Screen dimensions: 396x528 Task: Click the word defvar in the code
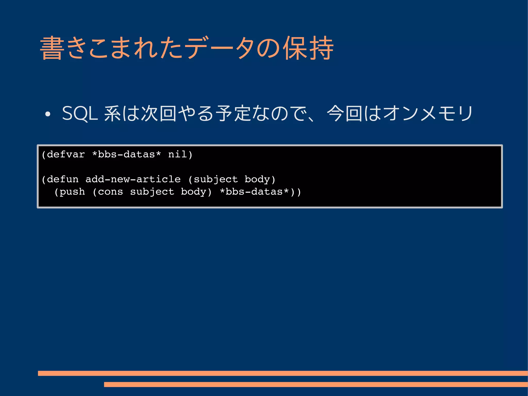click(66, 155)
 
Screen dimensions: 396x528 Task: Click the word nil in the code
click(177, 155)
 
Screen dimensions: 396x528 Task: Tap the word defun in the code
click(63, 179)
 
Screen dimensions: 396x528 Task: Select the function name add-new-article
click(133, 179)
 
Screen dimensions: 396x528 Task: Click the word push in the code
click(72, 192)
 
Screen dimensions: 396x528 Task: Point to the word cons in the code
click(110, 192)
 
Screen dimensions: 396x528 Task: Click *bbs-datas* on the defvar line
click(126, 155)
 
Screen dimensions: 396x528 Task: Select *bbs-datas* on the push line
click(254, 192)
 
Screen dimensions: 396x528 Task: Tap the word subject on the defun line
click(216, 179)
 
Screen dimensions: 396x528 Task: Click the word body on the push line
click(193, 192)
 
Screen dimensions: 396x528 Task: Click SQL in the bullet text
click(80, 114)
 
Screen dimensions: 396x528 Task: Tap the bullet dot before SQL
click(47, 114)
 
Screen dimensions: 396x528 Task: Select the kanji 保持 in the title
click(308, 48)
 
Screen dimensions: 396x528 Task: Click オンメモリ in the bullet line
click(428, 114)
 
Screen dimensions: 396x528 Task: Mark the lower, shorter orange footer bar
click(316, 384)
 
